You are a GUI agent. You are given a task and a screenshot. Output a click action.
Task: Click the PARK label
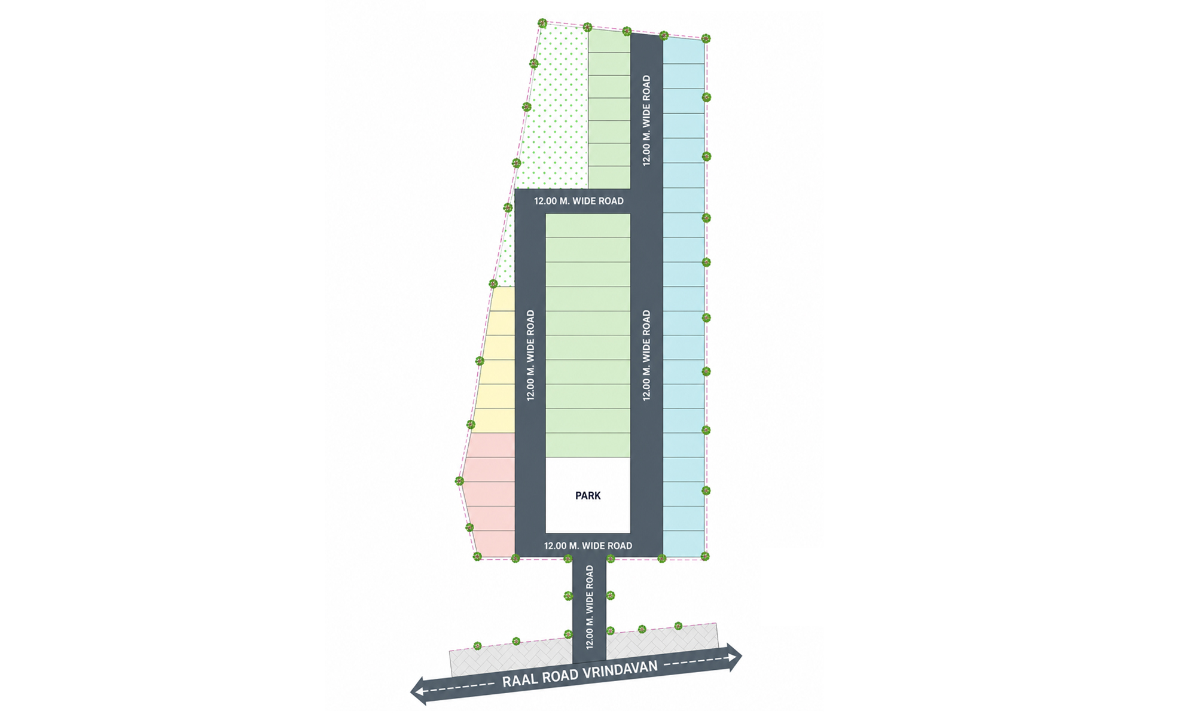point(588,496)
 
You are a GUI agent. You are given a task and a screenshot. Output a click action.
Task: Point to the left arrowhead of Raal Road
point(417,691)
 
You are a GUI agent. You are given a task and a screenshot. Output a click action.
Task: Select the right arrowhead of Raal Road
point(735,657)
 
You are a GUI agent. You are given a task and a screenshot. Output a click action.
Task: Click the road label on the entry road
point(590,607)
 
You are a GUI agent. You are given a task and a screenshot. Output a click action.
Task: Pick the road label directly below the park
point(588,546)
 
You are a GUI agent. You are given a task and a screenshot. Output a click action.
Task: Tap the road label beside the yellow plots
point(530,355)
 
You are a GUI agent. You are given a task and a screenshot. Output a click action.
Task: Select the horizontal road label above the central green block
point(579,202)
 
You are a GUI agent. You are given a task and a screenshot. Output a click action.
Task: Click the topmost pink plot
point(490,446)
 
